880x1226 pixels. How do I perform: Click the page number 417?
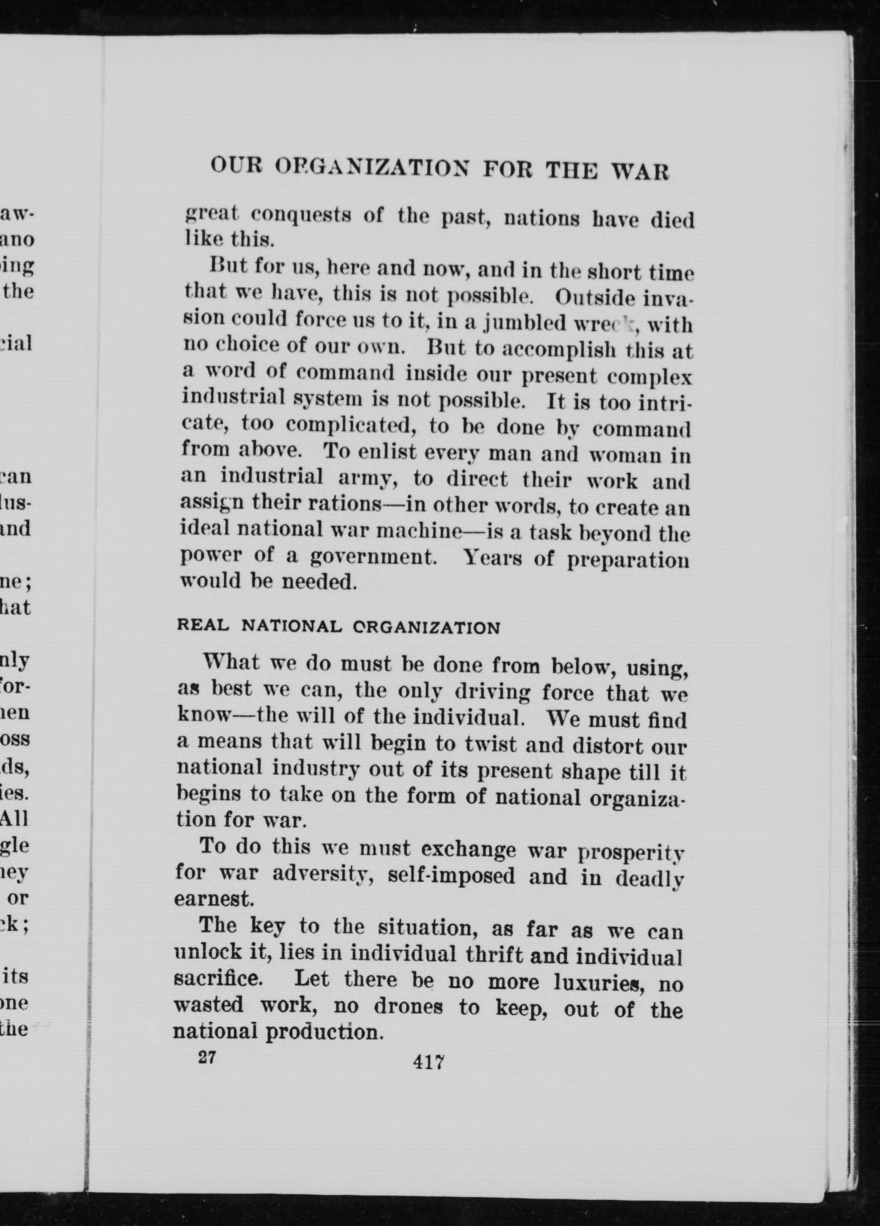[x=428, y=1062]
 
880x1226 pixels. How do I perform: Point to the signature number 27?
[x=207, y=1057]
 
